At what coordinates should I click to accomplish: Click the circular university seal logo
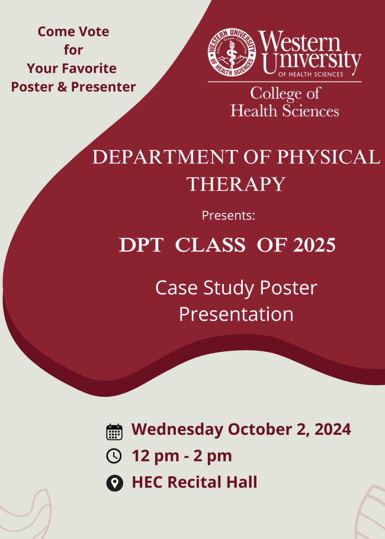click(232, 53)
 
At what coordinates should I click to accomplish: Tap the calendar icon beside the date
click(114, 432)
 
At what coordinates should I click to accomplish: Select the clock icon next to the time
click(114, 456)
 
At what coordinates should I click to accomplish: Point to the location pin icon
click(114, 483)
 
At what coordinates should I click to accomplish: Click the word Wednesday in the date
click(177, 429)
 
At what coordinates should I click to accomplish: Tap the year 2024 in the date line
click(332, 429)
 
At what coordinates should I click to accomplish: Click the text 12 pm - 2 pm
click(182, 456)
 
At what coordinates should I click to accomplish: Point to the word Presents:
click(228, 215)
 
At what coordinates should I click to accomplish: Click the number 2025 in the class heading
click(315, 245)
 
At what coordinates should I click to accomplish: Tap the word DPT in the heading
click(141, 245)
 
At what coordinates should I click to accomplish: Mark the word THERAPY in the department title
click(236, 184)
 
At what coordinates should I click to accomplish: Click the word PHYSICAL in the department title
click(328, 157)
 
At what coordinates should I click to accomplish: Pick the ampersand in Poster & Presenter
click(62, 87)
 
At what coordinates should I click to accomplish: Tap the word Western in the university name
click(299, 41)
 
